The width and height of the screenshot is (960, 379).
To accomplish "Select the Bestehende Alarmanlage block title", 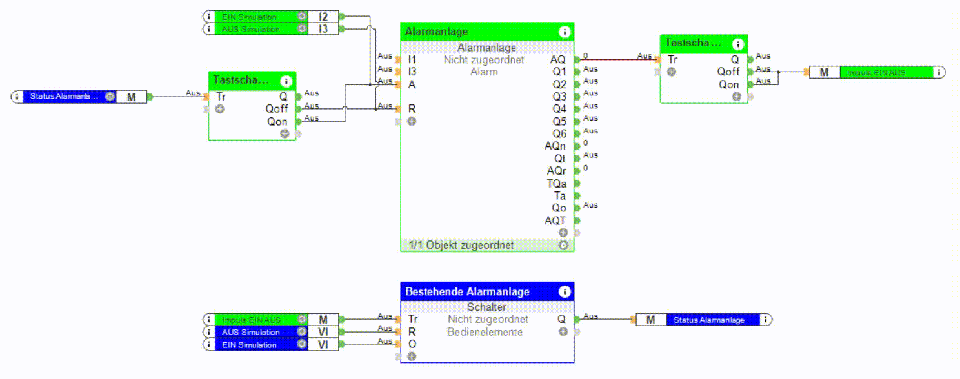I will pos(467,292).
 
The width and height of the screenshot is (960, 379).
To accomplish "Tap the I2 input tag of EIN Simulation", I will pos(323,17).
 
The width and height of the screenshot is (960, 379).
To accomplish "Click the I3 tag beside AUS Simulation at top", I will pos(323,29).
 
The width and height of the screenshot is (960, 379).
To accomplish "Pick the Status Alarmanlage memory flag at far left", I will pos(64,97).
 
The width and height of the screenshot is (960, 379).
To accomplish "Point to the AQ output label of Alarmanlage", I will pos(557,59).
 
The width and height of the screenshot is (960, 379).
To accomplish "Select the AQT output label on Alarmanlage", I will pos(555,220).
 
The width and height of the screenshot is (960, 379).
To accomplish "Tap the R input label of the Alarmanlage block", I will pos(412,109).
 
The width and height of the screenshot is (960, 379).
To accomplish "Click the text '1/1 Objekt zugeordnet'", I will pos(461,245).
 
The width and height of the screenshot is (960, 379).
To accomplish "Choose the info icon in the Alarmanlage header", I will pos(565,32).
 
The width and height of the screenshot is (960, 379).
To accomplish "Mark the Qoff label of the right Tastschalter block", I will pos(728,72).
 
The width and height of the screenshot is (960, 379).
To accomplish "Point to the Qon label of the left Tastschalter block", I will pos(277,121).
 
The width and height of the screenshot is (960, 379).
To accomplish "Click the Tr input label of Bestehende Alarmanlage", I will pos(413,319).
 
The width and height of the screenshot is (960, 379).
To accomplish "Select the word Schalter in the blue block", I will pos(486,307).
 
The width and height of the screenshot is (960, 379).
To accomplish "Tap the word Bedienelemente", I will pos(485,332).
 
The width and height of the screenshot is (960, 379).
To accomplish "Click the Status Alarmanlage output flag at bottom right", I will pos(708,320).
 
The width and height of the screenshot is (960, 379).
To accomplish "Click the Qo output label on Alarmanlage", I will pos(559,208).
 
